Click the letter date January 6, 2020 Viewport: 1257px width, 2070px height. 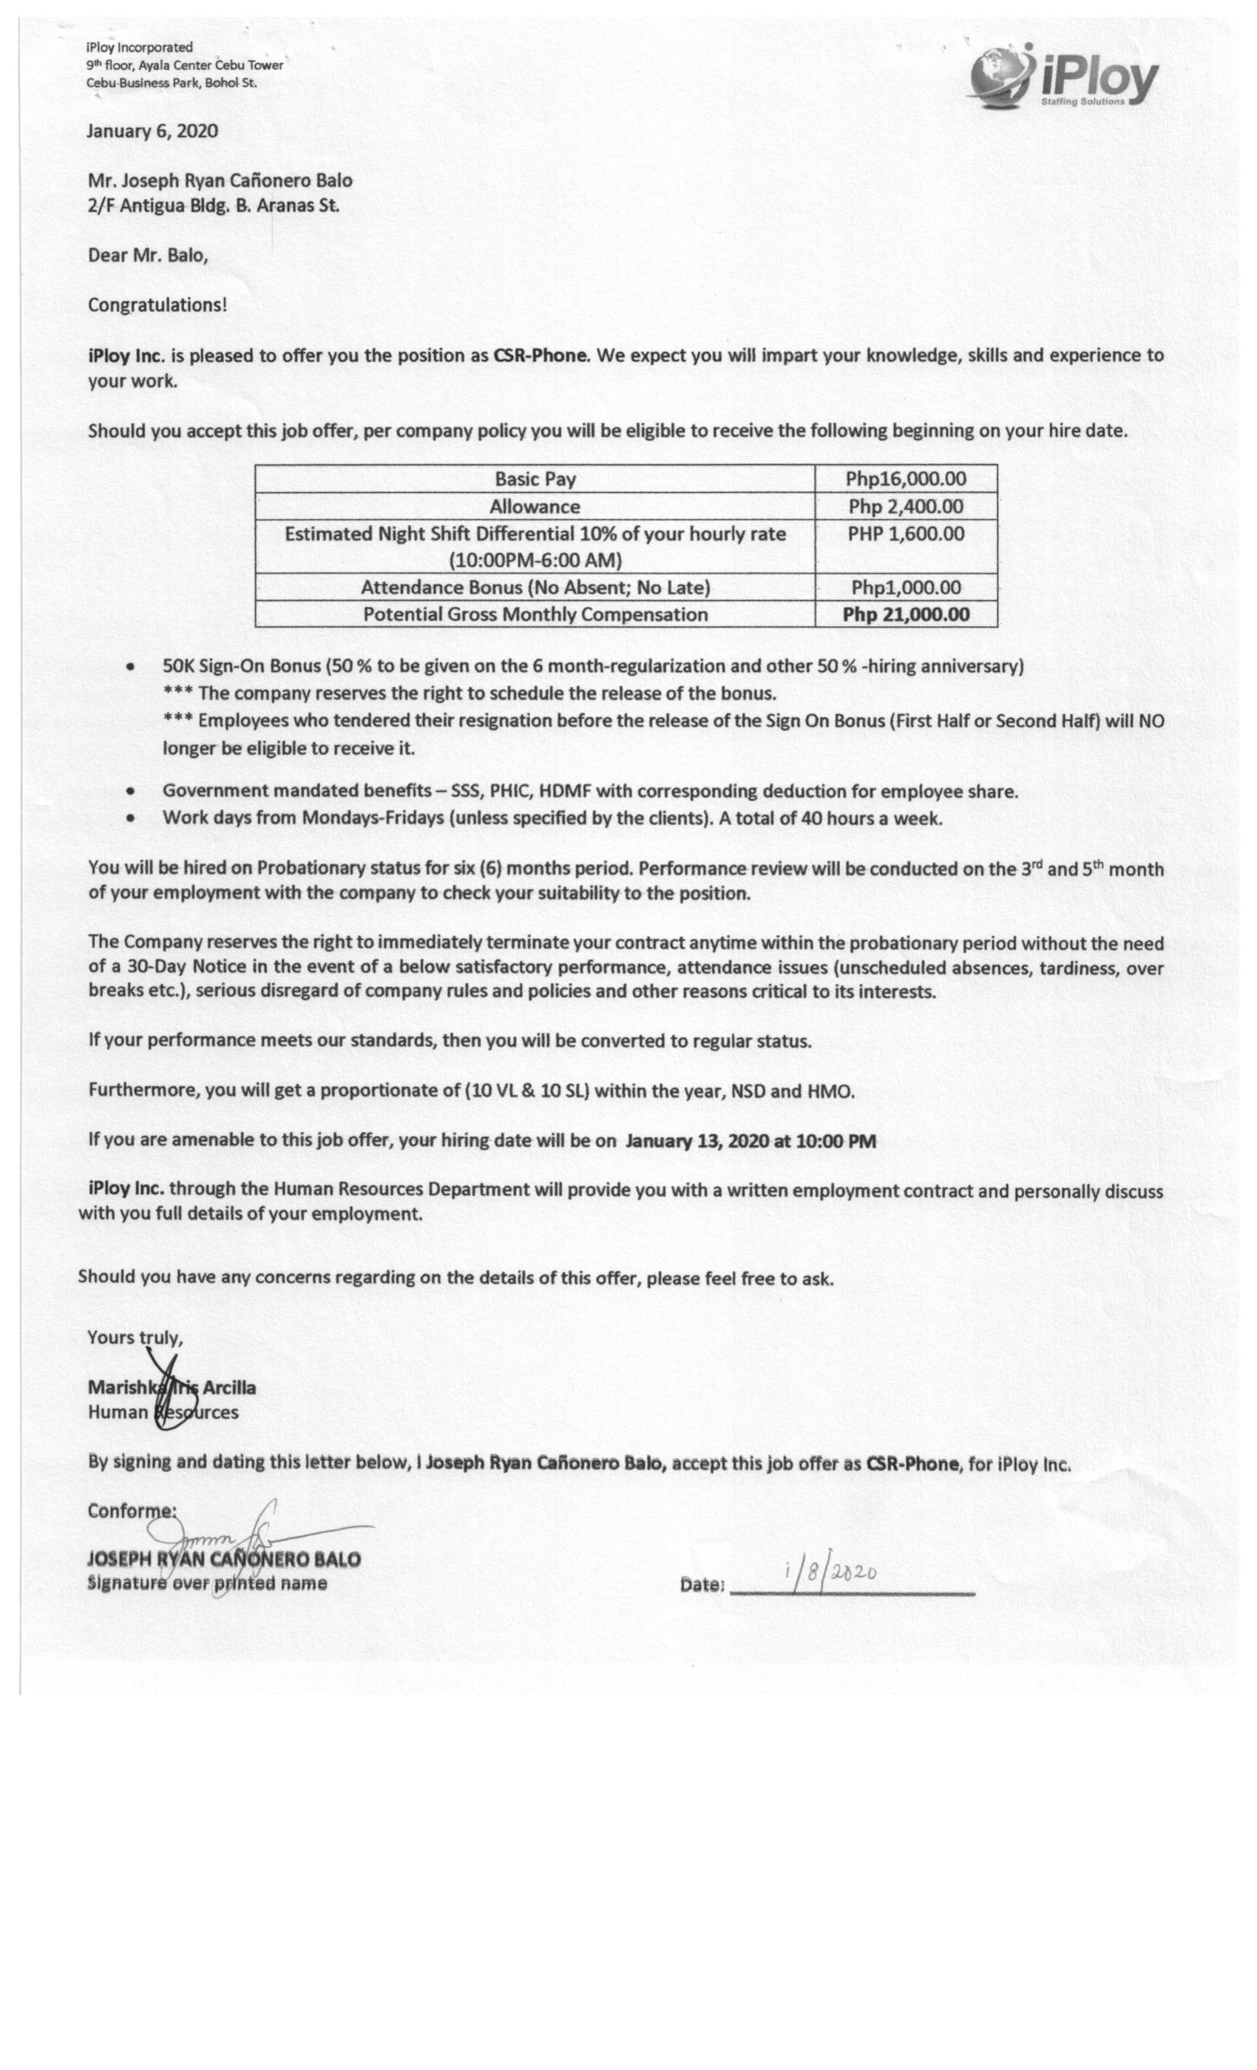153,131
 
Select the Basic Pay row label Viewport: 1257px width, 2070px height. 535,479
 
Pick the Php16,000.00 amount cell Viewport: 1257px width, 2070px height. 906,479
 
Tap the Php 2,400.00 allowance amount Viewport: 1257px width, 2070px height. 906,506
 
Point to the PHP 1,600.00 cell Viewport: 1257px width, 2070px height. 906,535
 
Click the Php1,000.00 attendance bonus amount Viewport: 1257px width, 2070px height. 906,587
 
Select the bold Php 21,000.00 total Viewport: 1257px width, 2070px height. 906,614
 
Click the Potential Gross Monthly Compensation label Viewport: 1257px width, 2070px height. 535,614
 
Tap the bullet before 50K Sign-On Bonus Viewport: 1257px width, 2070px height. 130,667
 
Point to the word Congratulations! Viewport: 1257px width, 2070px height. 157,305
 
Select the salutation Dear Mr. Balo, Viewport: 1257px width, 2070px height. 148,255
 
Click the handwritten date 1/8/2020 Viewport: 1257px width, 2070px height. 830,1570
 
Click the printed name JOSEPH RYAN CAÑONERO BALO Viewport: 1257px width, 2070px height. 224,1560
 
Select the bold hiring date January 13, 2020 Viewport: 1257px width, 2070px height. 751,1141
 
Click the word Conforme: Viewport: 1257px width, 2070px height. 132,1510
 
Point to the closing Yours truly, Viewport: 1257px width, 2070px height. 135,1337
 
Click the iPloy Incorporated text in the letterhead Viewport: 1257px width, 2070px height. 140,47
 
